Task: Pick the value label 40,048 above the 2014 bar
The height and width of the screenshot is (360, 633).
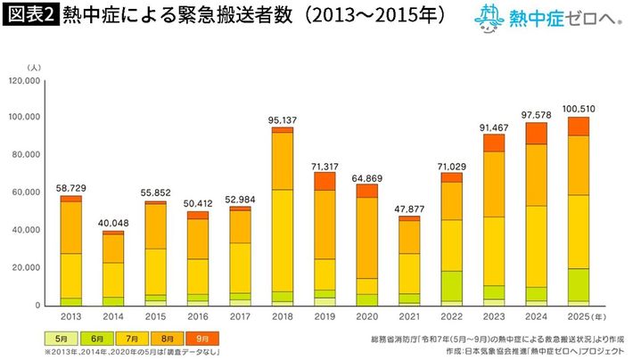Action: click(x=112, y=223)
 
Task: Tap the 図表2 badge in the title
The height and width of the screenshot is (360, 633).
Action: click(x=29, y=17)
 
